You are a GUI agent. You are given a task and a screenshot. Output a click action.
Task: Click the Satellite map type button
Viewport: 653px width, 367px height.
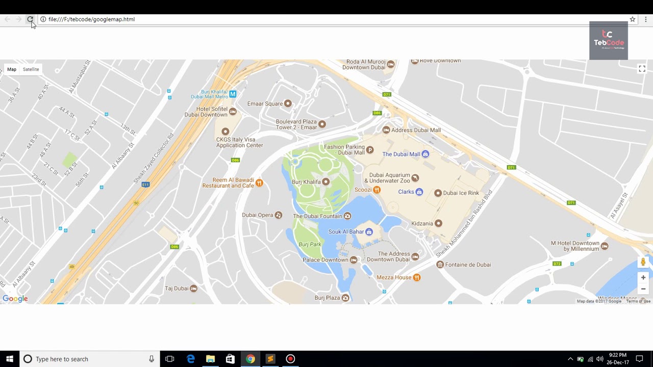pyautogui.click(x=31, y=69)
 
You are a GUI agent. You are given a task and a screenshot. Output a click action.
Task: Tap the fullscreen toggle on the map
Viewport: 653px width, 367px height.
pyautogui.click(x=642, y=69)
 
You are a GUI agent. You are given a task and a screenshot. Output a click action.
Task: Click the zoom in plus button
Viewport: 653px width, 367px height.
pyautogui.click(x=643, y=278)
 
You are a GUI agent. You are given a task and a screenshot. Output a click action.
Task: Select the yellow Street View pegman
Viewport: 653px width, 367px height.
pyautogui.click(x=643, y=262)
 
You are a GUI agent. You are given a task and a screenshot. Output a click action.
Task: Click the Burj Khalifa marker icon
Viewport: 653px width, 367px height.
pyautogui.click(x=325, y=182)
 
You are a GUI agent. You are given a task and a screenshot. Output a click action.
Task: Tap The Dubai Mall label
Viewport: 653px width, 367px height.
pyautogui.click(x=401, y=154)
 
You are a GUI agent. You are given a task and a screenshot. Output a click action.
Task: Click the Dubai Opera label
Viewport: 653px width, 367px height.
pyautogui.click(x=258, y=215)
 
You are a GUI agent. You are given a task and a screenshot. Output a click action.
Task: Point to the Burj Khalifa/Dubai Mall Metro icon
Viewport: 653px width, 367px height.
pyautogui.click(x=233, y=94)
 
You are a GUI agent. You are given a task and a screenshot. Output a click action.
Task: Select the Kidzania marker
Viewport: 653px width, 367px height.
pyautogui.click(x=438, y=223)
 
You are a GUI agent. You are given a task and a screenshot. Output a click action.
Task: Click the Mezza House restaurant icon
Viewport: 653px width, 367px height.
pyautogui.click(x=417, y=277)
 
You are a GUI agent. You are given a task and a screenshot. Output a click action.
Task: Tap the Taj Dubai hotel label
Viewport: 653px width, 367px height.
pyautogui.click(x=177, y=289)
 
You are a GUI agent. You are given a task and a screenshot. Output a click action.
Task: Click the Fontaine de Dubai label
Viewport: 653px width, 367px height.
pyautogui.click(x=468, y=265)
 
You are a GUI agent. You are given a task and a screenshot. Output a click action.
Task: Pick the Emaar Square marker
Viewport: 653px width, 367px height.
pyautogui.click(x=288, y=103)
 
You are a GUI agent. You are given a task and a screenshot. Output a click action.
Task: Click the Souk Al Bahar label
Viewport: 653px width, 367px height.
pyautogui.click(x=346, y=232)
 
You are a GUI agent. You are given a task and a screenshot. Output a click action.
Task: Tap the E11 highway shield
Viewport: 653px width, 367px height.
pyautogui.click(x=145, y=185)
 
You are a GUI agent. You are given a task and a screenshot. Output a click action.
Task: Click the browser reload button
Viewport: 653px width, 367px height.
pyautogui.click(x=30, y=19)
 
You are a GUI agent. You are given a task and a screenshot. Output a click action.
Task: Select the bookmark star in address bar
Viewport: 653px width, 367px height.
pyautogui.click(x=632, y=19)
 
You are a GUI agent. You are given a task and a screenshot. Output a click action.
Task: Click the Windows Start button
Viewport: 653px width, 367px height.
pyautogui.click(x=9, y=359)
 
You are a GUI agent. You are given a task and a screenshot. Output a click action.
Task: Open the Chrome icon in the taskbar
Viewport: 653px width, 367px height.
pyautogui.click(x=250, y=359)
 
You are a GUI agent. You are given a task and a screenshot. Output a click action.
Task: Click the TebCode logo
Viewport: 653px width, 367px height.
pyautogui.click(x=608, y=41)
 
